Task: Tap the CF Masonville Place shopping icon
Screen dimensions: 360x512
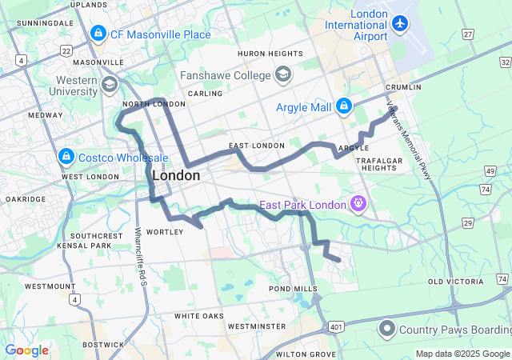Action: click(98, 34)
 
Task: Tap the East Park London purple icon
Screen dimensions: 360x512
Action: click(358, 204)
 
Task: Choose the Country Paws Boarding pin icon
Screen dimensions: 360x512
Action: click(387, 328)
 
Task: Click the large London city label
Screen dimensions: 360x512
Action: click(175, 175)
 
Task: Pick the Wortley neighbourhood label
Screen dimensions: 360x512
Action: click(165, 232)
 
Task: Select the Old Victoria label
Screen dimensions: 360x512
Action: click(457, 282)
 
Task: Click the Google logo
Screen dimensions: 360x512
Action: click(26, 350)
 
